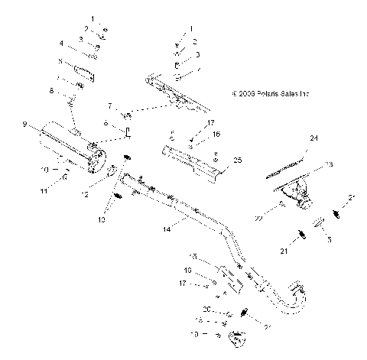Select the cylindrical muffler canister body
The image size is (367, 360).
coord(69,150)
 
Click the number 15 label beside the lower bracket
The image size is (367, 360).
coord(193,257)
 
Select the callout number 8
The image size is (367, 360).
coord(52,91)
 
